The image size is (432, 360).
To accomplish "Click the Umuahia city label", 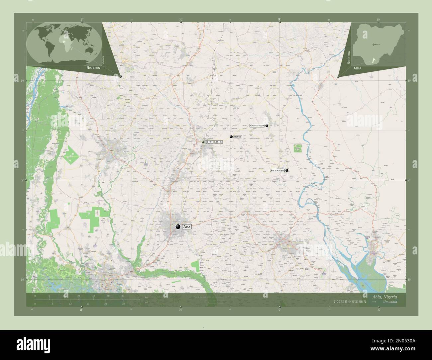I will point(214,142).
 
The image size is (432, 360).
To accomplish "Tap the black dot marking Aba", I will point(178,226).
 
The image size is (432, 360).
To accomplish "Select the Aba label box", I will point(187,227).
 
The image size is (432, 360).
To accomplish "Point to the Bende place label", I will point(238,137).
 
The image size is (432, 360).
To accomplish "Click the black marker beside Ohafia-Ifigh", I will point(267,126).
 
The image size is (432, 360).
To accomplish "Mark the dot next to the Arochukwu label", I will point(287,170).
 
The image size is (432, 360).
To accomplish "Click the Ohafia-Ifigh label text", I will point(257,126).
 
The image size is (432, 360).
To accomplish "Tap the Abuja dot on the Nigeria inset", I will point(374,44).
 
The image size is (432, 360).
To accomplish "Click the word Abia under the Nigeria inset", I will point(358,67).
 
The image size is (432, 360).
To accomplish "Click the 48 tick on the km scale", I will point(123,296).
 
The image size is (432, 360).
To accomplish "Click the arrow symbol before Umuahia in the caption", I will point(375,302).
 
